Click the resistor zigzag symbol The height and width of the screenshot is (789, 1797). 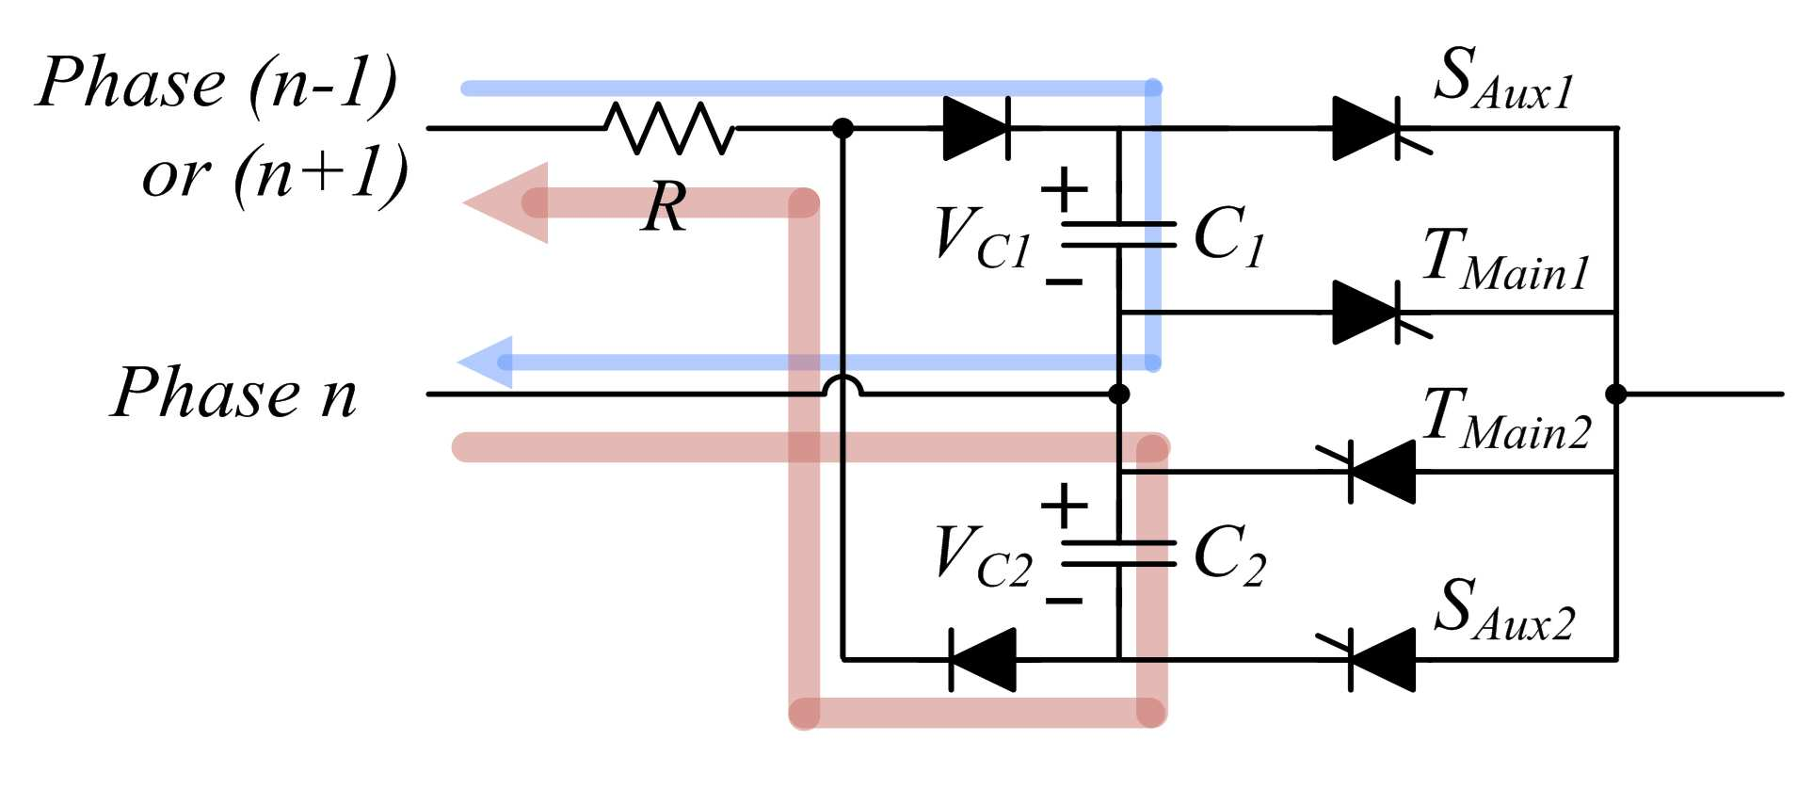669,128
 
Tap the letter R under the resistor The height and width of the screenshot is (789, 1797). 666,206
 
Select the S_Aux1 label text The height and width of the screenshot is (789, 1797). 1503,78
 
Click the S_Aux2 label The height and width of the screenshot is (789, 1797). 1504,610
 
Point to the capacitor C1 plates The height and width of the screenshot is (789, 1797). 1119,234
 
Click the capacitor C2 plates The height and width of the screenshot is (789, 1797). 1119,554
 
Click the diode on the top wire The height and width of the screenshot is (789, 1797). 977,128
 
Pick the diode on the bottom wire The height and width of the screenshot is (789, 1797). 983,660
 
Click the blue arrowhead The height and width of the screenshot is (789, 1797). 486,362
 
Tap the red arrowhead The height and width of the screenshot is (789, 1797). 506,203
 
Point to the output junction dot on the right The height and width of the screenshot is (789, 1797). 1616,394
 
